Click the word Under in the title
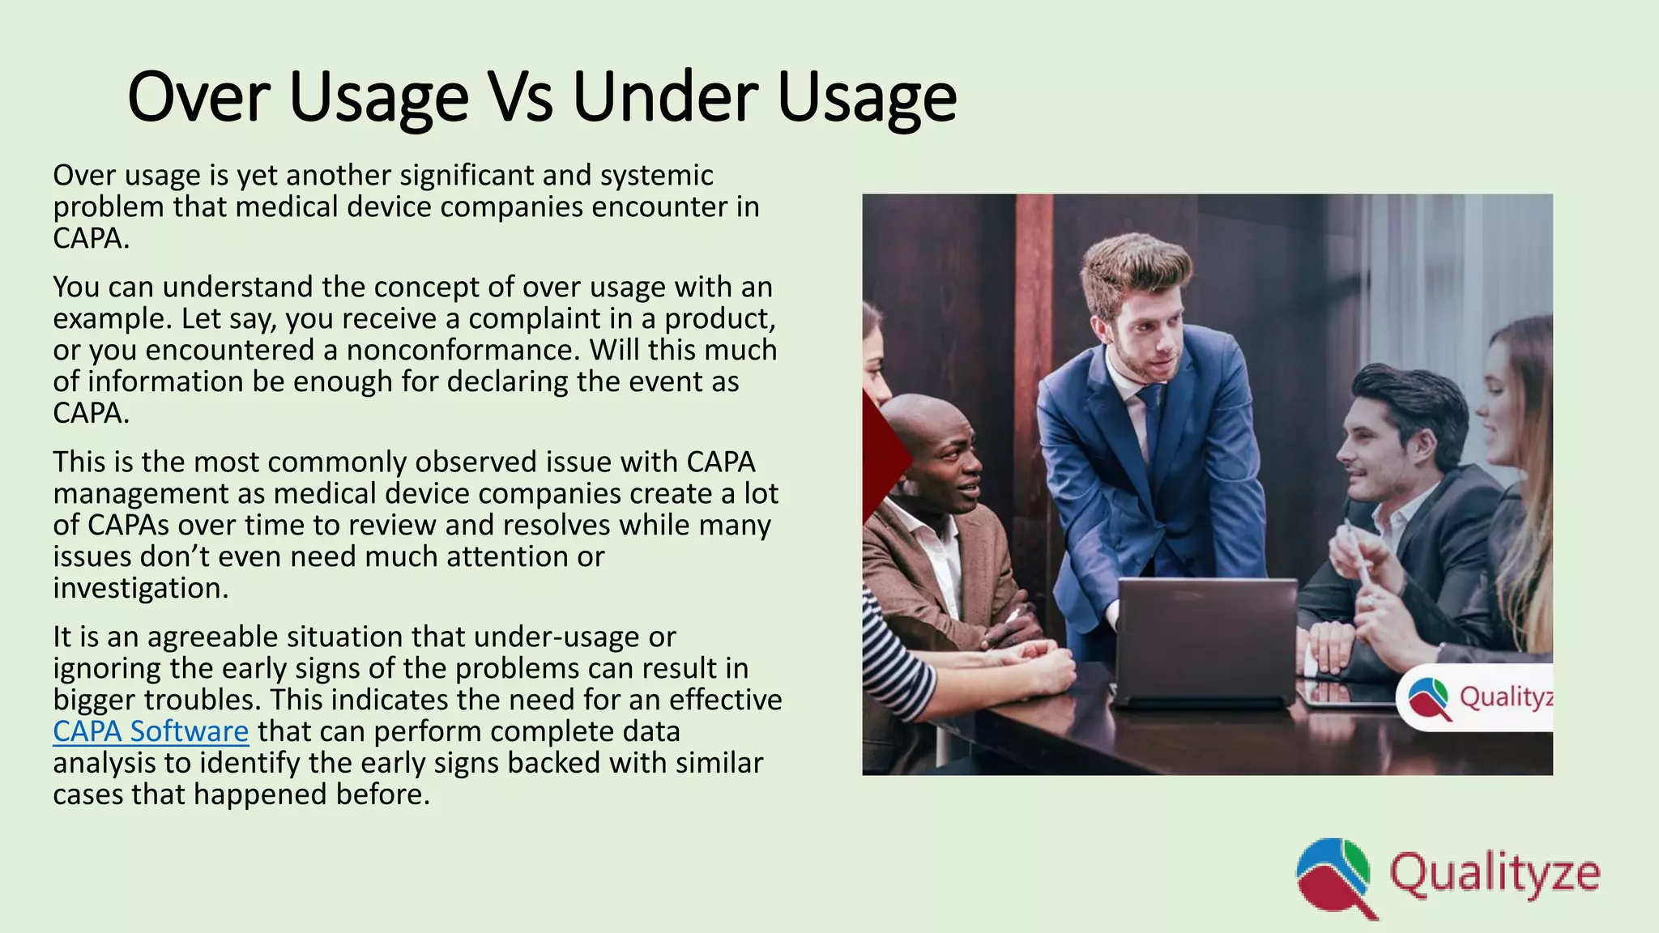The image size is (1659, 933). pos(663,98)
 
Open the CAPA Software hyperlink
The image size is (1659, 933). pos(151,731)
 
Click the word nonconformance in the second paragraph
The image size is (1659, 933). pos(463,350)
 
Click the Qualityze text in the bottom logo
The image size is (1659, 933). pos(1495,874)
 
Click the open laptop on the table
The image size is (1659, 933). pos(1206,640)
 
